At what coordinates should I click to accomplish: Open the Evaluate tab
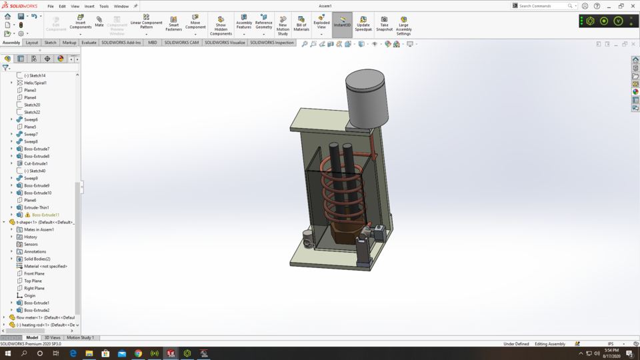click(x=89, y=43)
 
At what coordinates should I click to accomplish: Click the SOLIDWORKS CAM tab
click(x=181, y=43)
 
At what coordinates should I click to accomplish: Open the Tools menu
click(x=104, y=6)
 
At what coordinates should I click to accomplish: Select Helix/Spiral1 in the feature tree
click(x=35, y=83)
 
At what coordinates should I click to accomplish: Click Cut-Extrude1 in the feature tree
click(x=36, y=163)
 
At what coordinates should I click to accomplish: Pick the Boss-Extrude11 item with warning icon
click(x=45, y=215)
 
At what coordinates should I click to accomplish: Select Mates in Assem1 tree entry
click(x=39, y=229)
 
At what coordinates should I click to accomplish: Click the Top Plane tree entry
click(x=33, y=281)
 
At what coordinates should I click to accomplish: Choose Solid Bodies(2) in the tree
click(x=37, y=259)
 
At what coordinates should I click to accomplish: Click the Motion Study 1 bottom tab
click(x=80, y=338)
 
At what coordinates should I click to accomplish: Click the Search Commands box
click(x=541, y=6)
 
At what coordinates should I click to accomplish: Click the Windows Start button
click(x=8, y=353)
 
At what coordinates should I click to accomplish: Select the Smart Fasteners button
click(x=173, y=23)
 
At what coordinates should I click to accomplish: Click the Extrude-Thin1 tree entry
click(x=36, y=207)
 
